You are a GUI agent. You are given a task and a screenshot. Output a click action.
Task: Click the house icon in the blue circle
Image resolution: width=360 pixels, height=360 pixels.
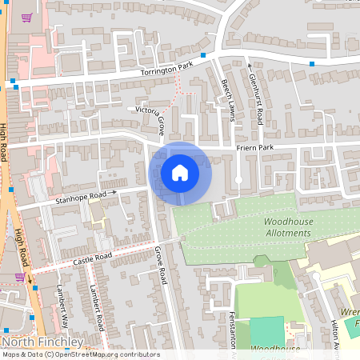(180, 172)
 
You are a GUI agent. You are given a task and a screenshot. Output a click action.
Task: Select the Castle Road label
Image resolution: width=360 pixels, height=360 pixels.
(90, 258)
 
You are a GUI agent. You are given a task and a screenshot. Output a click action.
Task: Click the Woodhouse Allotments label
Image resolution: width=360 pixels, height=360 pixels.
(286, 226)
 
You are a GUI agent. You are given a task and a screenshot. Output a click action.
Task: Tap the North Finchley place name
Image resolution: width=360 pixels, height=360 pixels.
(42, 342)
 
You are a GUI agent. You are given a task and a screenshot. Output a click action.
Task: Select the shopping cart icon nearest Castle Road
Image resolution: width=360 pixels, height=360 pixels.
(19, 277)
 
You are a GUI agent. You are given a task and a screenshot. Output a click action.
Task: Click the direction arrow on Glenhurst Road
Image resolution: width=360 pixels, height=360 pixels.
(249, 67)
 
